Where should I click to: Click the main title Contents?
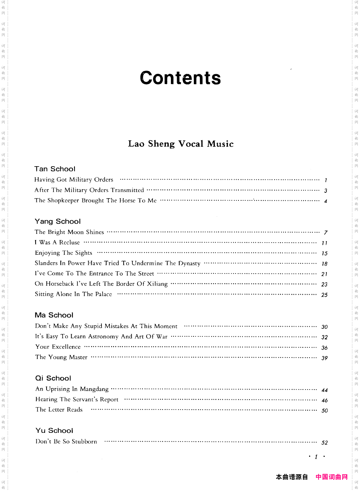[x=180, y=78]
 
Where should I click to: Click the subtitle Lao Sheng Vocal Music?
[x=181, y=144]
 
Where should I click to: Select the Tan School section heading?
[x=55, y=169]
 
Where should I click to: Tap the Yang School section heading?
[x=58, y=221]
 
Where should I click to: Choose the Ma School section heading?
[x=54, y=315]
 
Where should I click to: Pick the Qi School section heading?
[x=53, y=378]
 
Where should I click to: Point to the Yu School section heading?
[x=55, y=431]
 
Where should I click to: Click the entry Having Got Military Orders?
[x=74, y=180]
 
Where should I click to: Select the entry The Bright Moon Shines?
[x=69, y=232]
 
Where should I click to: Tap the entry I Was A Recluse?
[x=57, y=243]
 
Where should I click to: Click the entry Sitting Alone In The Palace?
[x=73, y=294]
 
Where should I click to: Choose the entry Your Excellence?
[x=58, y=347]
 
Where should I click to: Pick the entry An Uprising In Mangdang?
[x=72, y=389]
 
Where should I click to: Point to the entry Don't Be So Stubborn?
[x=67, y=442]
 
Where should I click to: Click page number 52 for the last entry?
[x=325, y=443]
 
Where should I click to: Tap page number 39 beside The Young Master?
[x=325, y=358]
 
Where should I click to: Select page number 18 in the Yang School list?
[x=325, y=264]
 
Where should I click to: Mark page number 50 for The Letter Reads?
[x=325, y=411]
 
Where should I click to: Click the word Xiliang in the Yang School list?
[x=157, y=284]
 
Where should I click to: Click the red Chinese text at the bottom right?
[x=332, y=477]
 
